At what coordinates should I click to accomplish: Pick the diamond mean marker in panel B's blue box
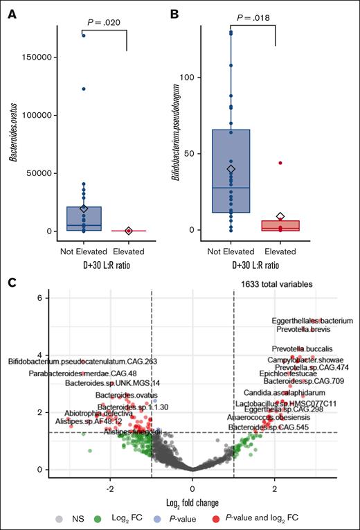[x=231, y=169]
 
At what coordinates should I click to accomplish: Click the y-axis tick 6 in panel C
[x=42, y=297]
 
